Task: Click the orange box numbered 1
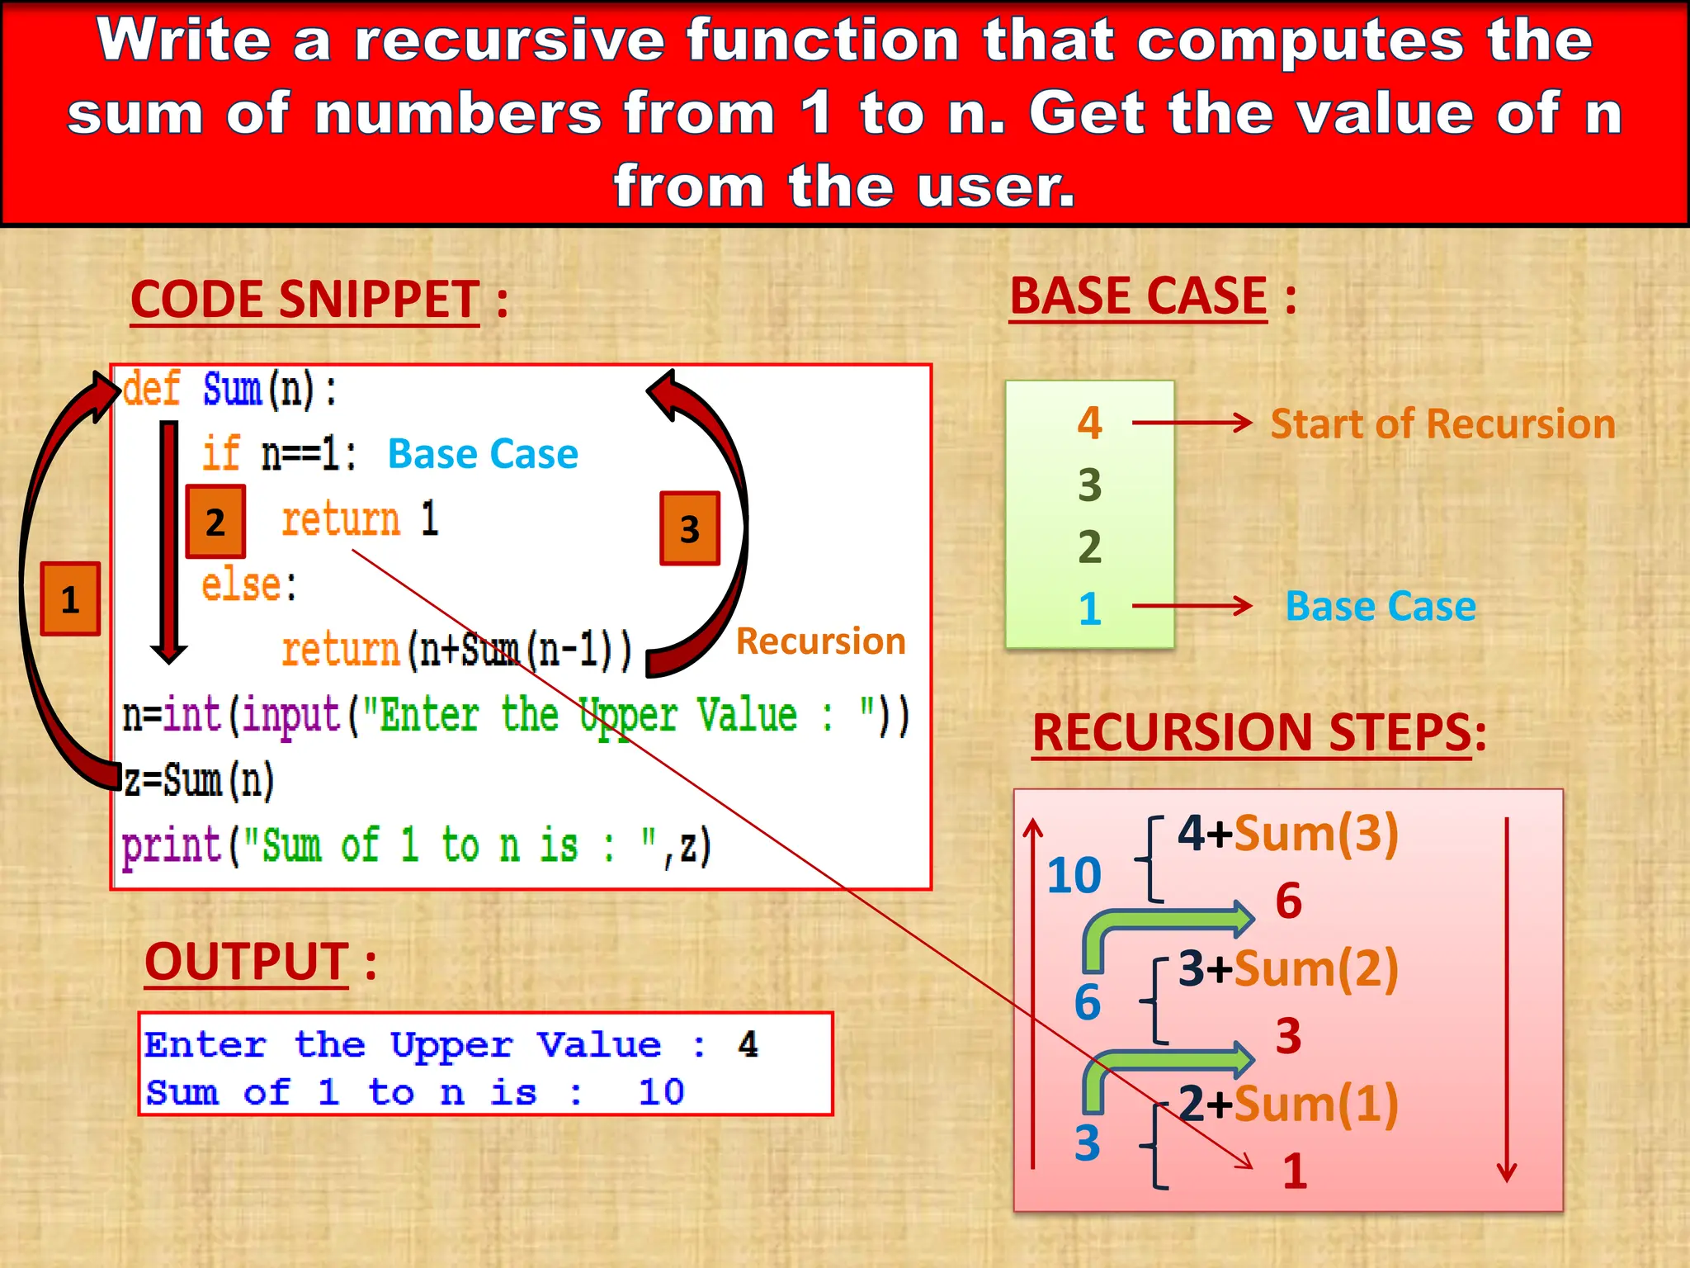pos(71,599)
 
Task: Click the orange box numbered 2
pos(215,522)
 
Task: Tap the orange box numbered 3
pos(690,529)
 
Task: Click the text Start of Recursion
pos(1442,423)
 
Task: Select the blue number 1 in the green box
pos(1090,608)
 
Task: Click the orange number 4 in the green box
pos(1090,423)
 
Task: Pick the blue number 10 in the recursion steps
pos(1074,875)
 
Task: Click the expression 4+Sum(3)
pos(1288,833)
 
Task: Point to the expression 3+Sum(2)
pos(1288,968)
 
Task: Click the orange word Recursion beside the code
pos(820,641)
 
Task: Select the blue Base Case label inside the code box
pos(483,454)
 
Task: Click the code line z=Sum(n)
pos(199,781)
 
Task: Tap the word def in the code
pos(152,389)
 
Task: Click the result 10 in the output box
pos(661,1092)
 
